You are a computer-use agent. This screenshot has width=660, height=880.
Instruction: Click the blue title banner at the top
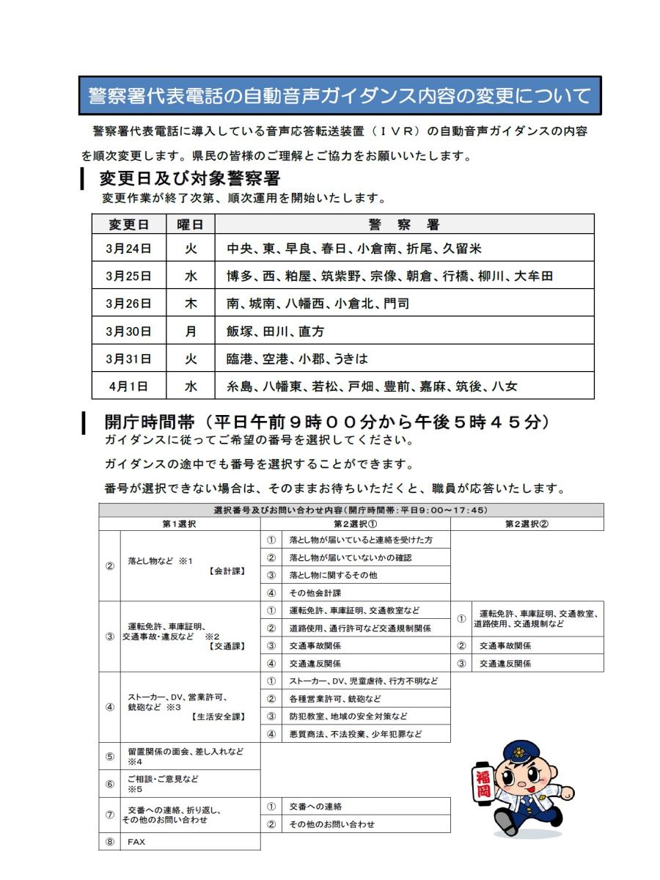[x=340, y=95]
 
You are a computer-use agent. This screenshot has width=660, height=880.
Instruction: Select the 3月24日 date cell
[x=128, y=249]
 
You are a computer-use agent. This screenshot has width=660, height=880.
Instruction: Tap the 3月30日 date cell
[x=128, y=331]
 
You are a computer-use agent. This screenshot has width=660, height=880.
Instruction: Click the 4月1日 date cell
[x=128, y=386]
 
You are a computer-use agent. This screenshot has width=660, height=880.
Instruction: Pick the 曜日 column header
[x=191, y=224]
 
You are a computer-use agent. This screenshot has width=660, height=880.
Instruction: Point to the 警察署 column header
[x=404, y=224]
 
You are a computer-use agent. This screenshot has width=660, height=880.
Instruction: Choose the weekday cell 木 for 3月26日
[x=191, y=304]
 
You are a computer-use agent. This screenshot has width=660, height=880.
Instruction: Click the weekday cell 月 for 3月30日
[x=191, y=331]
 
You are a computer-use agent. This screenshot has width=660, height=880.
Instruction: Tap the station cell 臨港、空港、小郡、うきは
[x=297, y=359]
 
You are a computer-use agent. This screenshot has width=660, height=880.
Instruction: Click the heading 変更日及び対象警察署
[x=189, y=178]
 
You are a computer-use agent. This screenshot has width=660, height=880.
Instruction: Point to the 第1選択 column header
[x=179, y=524]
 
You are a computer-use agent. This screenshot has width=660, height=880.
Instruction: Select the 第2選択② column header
[x=527, y=524]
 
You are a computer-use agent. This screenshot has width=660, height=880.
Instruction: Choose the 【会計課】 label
[x=227, y=571]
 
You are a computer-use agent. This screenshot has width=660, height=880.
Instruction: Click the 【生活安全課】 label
[x=218, y=716]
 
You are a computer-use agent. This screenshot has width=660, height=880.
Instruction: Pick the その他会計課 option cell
[x=315, y=593]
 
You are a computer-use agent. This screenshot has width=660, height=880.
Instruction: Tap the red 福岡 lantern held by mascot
[x=483, y=783]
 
